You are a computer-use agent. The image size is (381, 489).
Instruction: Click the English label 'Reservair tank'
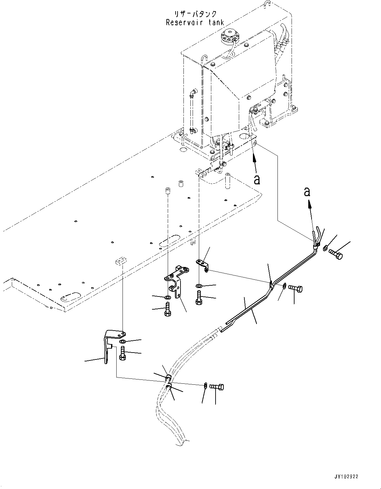tap(195, 22)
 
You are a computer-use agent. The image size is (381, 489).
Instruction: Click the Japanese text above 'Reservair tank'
tap(196, 14)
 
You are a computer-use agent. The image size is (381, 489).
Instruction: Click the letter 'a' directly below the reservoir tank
tap(257, 179)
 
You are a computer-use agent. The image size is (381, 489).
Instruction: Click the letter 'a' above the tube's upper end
tap(307, 192)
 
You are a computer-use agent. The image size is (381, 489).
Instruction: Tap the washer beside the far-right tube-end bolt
tap(325, 248)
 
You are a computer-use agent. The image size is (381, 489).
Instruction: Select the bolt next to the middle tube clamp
tap(296, 289)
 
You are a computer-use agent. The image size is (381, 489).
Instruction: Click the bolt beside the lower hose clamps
tap(217, 387)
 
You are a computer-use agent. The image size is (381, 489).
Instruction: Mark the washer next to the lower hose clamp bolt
tap(205, 385)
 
